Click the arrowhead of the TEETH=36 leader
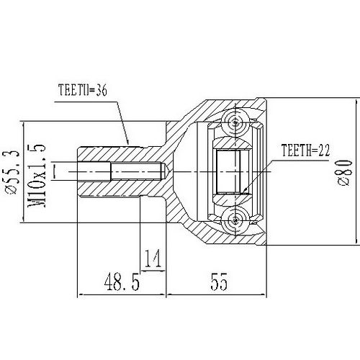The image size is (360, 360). [x=128, y=142]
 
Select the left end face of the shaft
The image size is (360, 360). [x=77, y=173]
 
